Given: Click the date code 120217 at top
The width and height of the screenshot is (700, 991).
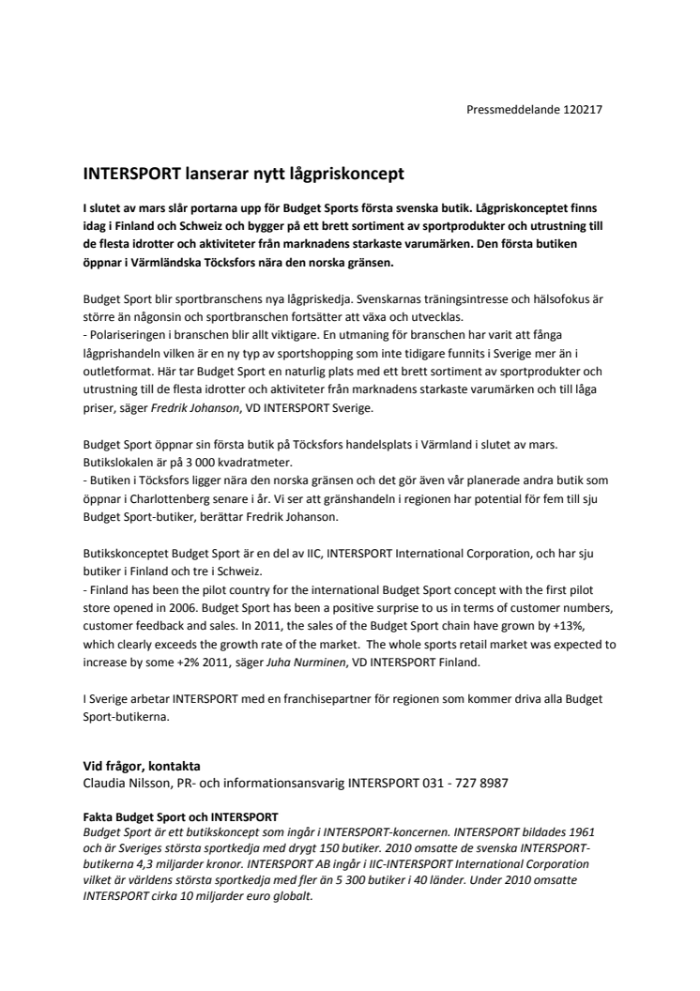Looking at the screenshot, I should [583, 109].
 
